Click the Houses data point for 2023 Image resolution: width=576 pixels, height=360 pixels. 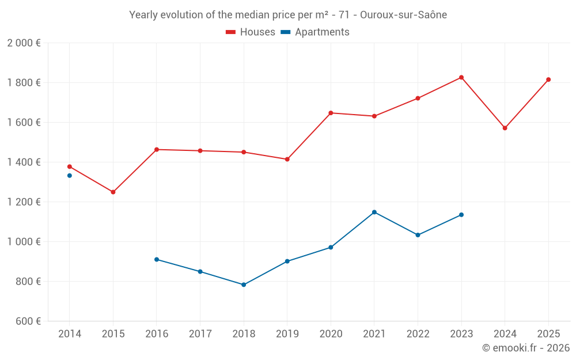(461, 77)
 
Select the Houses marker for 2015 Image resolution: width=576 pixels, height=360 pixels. (113, 192)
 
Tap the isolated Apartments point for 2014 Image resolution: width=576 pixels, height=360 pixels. (70, 175)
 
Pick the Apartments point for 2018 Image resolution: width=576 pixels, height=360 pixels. (244, 285)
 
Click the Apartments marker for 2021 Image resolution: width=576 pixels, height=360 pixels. (374, 212)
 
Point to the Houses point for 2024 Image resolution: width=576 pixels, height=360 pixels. (505, 128)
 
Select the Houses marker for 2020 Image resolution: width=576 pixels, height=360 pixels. (331, 113)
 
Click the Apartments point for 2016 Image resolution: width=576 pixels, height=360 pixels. (157, 259)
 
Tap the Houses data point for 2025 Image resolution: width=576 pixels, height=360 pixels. (548, 79)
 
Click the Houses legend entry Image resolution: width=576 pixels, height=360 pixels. (251, 32)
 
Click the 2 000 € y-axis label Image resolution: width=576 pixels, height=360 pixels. (24, 43)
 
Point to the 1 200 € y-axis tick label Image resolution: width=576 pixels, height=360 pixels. (24, 202)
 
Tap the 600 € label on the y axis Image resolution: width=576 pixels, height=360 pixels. (28, 321)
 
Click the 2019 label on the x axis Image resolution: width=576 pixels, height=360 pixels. (287, 334)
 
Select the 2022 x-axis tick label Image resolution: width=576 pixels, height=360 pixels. (418, 334)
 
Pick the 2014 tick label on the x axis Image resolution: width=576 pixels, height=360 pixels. (70, 334)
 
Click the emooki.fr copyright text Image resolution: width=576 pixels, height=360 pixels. (525, 348)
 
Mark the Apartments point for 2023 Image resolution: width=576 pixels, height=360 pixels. (461, 215)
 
